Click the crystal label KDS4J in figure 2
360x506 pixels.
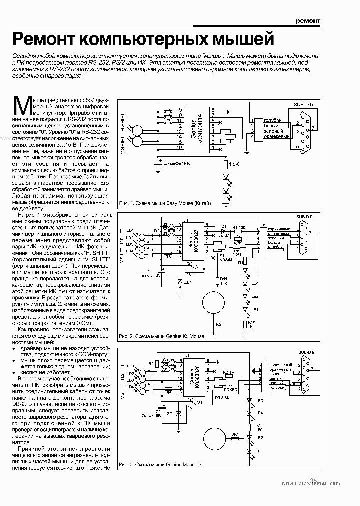pos(226,260)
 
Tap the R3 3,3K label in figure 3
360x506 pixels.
pos(222,398)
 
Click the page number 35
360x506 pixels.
pos(314,480)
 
